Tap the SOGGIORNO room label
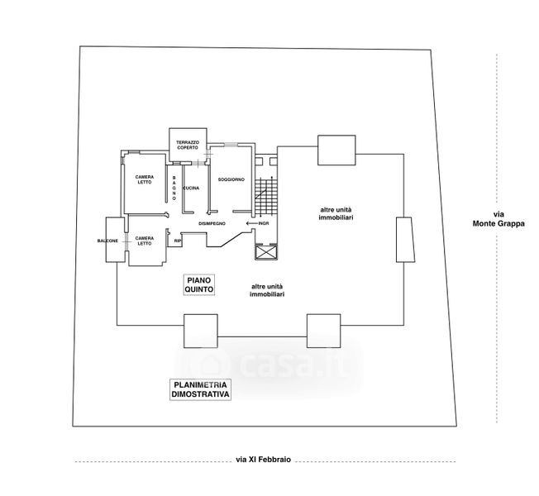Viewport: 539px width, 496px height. point(231,179)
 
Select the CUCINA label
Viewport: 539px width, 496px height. point(191,188)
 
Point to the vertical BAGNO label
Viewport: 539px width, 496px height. point(174,185)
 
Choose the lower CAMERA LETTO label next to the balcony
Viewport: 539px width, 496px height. point(145,241)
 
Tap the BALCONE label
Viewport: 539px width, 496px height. point(107,241)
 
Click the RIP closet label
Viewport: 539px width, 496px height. point(177,241)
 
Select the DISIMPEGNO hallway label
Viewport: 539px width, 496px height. point(212,223)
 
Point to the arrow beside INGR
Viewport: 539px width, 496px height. point(250,223)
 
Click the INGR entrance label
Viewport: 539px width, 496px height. point(265,223)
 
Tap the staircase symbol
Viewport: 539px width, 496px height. point(267,198)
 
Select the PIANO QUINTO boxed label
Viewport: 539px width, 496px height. point(199,286)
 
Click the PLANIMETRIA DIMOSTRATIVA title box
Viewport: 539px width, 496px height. point(201,390)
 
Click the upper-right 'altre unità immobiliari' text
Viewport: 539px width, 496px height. point(337,213)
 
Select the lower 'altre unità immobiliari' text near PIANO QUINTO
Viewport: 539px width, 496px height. point(269,291)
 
